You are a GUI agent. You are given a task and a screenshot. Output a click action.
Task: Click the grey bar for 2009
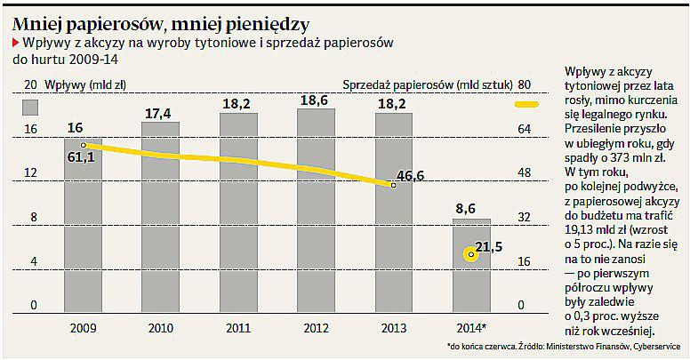click(x=82, y=222)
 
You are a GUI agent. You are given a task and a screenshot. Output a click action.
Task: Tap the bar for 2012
click(x=316, y=209)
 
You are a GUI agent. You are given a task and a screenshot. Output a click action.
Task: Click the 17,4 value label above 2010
click(x=158, y=113)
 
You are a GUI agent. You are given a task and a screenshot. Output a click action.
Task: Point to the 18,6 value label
click(x=315, y=100)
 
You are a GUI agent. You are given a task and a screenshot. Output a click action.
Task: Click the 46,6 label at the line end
click(x=410, y=175)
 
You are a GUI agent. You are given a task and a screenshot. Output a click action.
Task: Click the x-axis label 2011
click(x=237, y=328)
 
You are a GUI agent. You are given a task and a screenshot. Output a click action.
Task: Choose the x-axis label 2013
click(x=393, y=328)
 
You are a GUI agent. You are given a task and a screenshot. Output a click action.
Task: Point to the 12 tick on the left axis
click(x=30, y=172)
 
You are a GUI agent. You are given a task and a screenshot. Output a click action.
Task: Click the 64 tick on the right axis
click(x=524, y=129)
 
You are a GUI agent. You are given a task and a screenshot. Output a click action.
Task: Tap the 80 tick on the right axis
click(x=524, y=84)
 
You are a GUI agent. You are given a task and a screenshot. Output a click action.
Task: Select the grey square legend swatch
click(x=31, y=107)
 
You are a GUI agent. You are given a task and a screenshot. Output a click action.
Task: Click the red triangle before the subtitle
click(x=15, y=43)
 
